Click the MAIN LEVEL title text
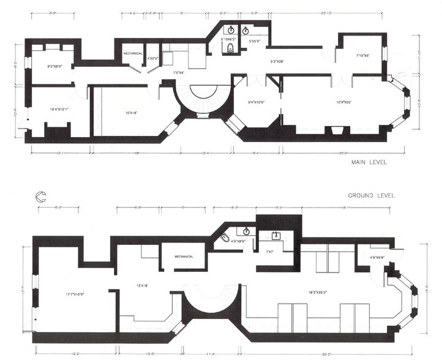click(x=369, y=163)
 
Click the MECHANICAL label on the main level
click(x=133, y=53)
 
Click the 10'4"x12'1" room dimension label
click(x=60, y=110)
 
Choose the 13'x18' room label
click(x=142, y=286)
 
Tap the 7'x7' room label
click(x=269, y=252)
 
